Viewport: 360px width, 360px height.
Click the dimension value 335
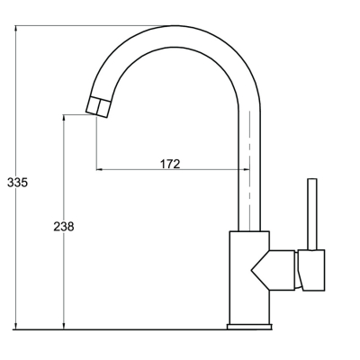tap(17, 183)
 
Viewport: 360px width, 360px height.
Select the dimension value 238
tap(64, 227)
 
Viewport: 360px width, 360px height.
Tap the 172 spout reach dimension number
tap(170, 164)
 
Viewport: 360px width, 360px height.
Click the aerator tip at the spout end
tap(97, 107)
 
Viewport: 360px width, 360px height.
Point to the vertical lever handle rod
tap(312, 214)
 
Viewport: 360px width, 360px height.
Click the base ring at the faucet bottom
tap(249, 327)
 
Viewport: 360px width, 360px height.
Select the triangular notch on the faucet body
tap(260, 270)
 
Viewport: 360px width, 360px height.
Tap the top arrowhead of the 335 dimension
tap(16, 29)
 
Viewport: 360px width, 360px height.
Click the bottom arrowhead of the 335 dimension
tap(16, 327)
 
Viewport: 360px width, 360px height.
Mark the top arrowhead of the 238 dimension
tap(64, 118)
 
